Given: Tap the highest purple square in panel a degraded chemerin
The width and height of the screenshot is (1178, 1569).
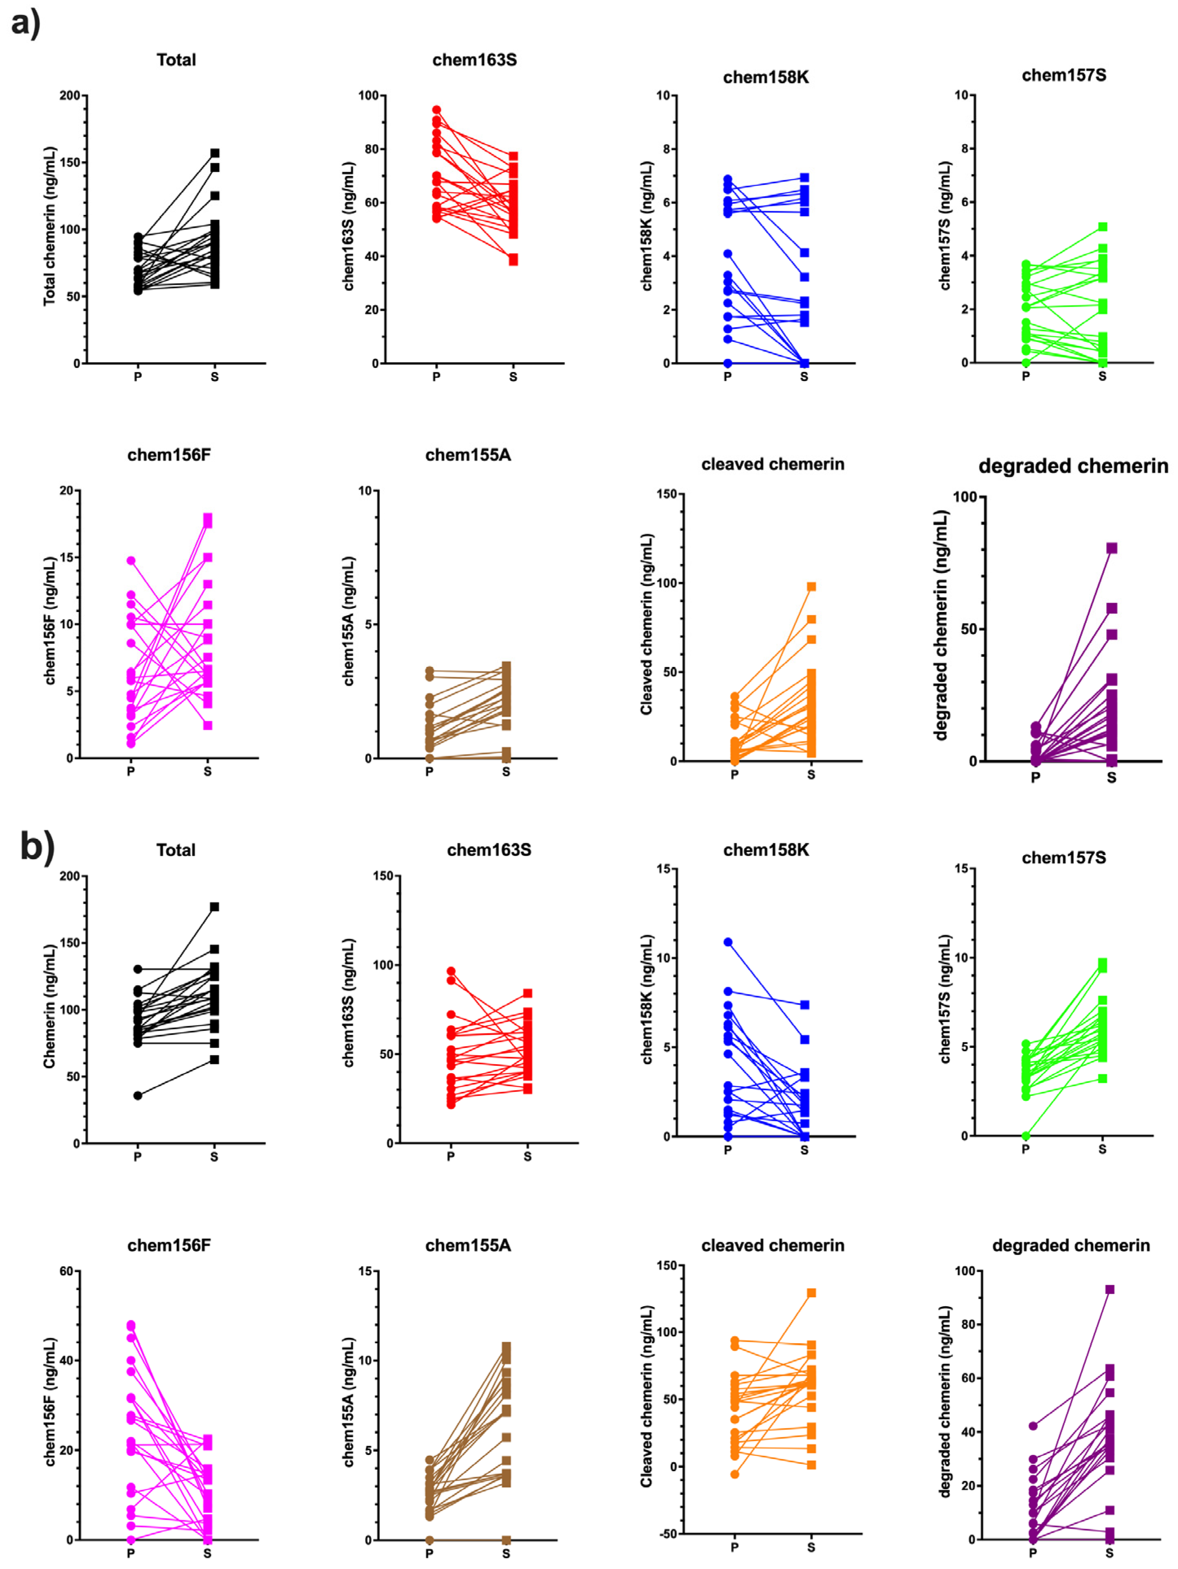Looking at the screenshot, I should [1111, 548].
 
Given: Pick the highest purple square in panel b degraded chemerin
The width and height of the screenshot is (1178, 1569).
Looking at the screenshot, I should [1109, 1289].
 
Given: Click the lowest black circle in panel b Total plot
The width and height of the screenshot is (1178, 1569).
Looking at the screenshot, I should [138, 1095].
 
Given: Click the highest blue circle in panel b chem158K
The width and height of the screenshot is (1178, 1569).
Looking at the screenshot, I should [728, 942].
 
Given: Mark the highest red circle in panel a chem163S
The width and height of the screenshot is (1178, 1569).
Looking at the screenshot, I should [436, 110].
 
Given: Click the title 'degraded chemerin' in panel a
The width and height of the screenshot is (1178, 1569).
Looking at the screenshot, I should [1073, 466].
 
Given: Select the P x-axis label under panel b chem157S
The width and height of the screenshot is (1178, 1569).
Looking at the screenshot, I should [1026, 1149].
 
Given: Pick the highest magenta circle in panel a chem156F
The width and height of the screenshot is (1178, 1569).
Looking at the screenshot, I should [130, 560].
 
